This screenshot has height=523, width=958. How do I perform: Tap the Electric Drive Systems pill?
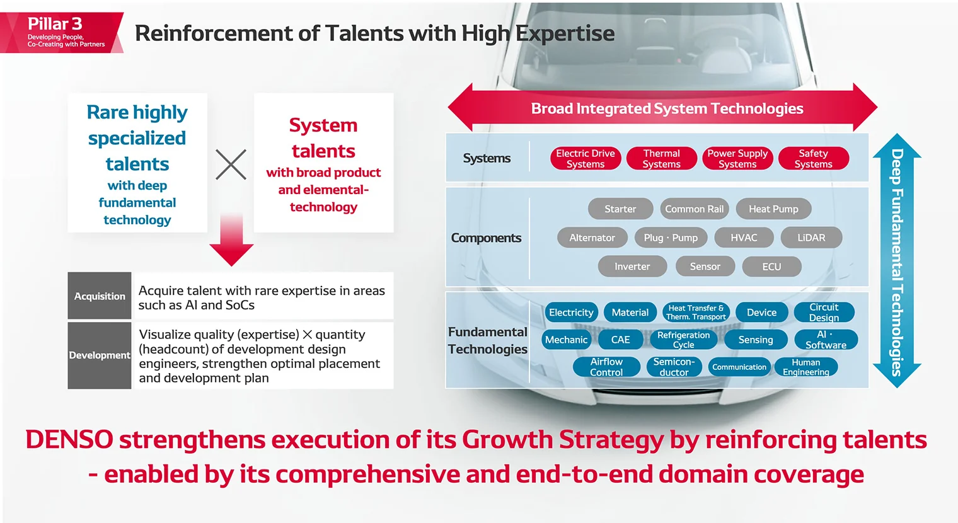[585, 158]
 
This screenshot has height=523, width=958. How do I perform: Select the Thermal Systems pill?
[661, 158]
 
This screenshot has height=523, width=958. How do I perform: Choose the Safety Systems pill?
[813, 158]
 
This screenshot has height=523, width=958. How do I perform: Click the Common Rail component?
[694, 209]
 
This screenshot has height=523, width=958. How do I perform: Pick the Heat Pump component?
[773, 209]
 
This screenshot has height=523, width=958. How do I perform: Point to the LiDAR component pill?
[811, 238]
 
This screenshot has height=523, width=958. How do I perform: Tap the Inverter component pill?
[632, 267]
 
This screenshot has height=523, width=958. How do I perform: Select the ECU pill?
[771, 267]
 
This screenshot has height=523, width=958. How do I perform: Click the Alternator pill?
[592, 238]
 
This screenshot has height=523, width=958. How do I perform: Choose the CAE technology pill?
[620, 340]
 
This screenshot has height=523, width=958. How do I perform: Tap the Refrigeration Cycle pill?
[683, 340]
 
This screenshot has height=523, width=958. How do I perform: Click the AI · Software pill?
[826, 340]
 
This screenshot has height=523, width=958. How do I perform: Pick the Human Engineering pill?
[805, 367]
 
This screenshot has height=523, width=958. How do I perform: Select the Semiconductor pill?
[674, 367]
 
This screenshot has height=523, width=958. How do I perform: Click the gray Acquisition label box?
[100, 296]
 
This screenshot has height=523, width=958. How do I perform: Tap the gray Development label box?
[100, 355]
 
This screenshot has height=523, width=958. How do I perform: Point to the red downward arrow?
[231, 243]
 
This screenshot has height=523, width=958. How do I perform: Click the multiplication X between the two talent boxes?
[231, 164]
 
